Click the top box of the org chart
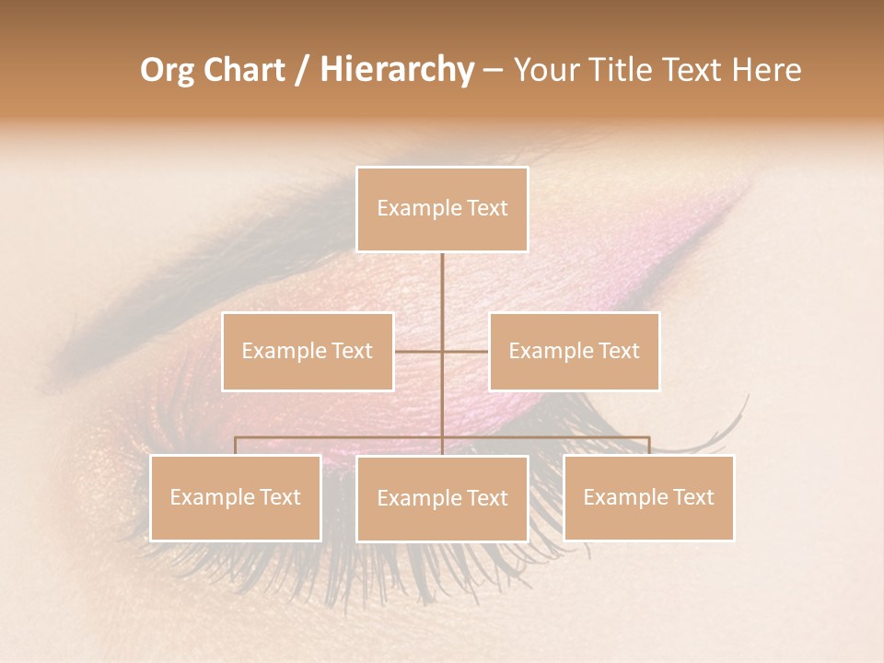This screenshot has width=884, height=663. tap(442, 209)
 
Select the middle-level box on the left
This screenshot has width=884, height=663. tap(308, 351)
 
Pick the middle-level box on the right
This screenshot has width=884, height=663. tap(574, 351)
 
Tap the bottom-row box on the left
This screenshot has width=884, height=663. tap(236, 497)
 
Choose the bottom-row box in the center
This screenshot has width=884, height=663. tap(442, 498)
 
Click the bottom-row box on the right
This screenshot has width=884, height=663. tap(648, 497)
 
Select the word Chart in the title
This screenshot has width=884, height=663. tap(245, 70)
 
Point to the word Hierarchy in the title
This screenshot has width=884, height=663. tap(396, 70)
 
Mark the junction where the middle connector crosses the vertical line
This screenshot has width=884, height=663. tap(442, 351)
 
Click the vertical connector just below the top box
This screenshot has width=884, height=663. tap(442, 276)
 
